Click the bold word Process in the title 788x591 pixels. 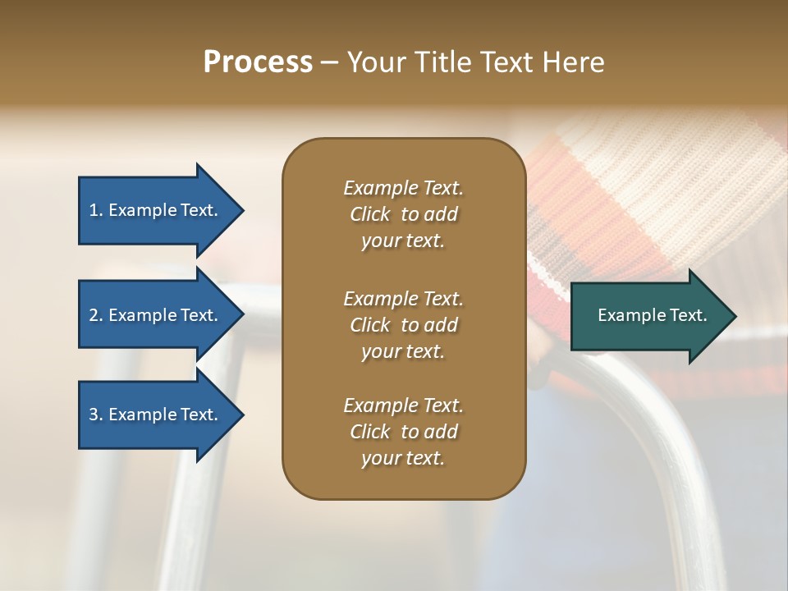[258, 62]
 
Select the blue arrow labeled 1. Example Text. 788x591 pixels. [156, 210]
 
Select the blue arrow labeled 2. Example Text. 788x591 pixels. [156, 315]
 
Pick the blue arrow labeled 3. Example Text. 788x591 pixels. [156, 415]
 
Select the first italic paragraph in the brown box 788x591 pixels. [403, 214]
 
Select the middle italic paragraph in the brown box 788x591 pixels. [403, 325]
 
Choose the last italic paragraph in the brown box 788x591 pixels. [403, 432]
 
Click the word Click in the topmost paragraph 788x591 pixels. [370, 214]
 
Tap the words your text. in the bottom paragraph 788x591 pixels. [403, 458]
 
